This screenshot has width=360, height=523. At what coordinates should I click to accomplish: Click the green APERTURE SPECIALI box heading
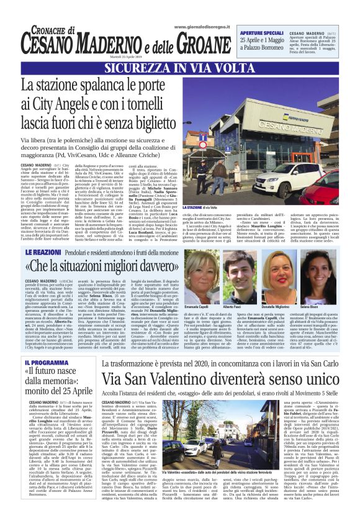(262, 32)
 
